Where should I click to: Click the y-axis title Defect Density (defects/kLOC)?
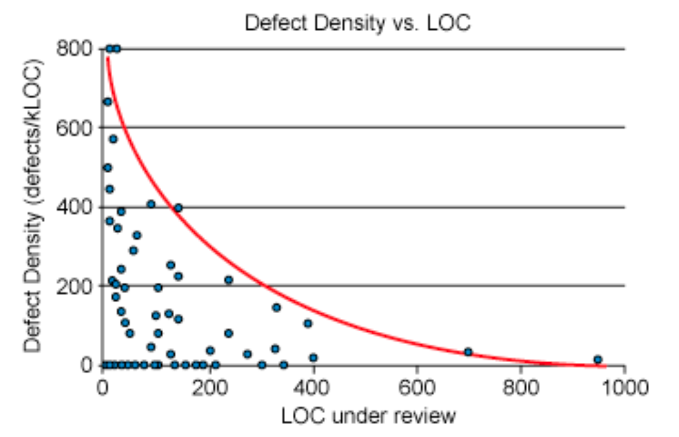[x=34, y=206]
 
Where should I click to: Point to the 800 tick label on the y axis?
[x=74, y=48]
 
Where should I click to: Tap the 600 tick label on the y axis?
[x=74, y=127]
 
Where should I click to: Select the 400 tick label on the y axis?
[x=74, y=207]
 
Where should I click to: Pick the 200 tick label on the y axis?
[x=74, y=286]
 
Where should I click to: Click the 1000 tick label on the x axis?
[x=624, y=388]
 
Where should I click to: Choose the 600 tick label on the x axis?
[x=417, y=388]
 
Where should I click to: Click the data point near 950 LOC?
[x=597, y=359]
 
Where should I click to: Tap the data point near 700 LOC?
[x=468, y=352]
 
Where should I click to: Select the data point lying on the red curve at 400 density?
[x=178, y=207]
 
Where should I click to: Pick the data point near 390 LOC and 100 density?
[x=307, y=323]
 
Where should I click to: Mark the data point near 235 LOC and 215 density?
[x=228, y=280]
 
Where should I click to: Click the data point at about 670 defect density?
[x=108, y=102]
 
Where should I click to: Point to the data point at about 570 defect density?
[x=113, y=139]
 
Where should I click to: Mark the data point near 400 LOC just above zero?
[x=313, y=358]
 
